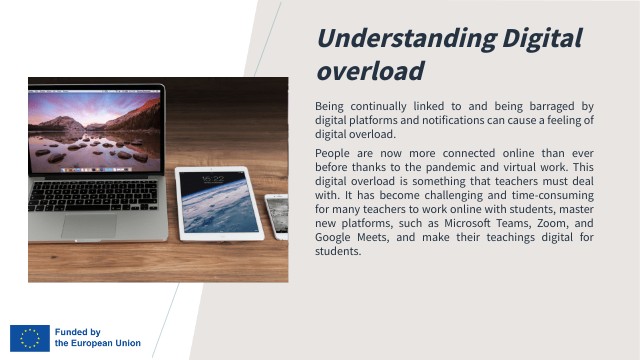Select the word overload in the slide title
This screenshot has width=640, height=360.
tap(370, 71)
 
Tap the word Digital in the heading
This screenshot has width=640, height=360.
tap(541, 39)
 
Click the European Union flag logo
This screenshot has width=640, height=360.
tap(30, 338)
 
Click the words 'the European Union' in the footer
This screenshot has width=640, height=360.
tap(98, 344)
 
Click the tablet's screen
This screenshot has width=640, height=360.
tap(219, 203)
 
